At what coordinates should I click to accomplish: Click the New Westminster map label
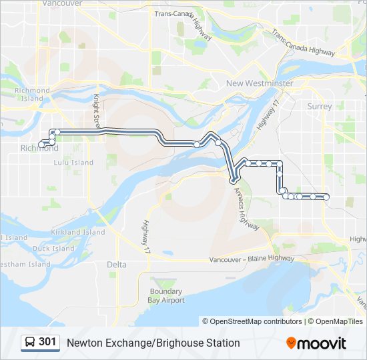coord(260,83)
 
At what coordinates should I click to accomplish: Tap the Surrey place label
coord(320,107)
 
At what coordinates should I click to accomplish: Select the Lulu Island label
coord(73,163)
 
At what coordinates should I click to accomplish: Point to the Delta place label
coord(117,265)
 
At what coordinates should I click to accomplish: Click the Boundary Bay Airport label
coord(167,296)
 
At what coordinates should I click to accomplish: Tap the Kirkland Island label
coord(78,233)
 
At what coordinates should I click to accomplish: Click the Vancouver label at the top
coord(62,3)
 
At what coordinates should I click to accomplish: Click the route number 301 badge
coord(47,343)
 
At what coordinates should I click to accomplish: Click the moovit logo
coord(316,343)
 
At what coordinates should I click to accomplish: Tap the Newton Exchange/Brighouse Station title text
coord(153,343)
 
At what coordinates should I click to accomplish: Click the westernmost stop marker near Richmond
coord(42,144)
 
